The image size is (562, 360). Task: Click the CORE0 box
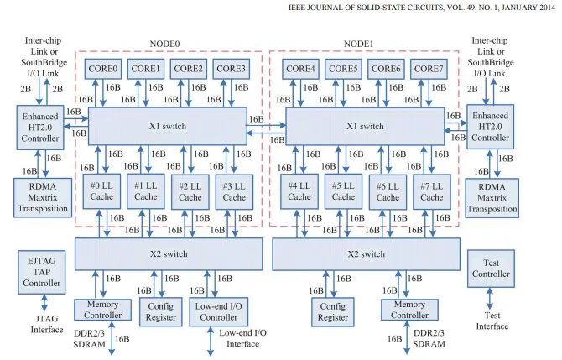(103, 68)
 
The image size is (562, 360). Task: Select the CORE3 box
(231, 68)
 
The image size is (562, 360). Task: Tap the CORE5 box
(342, 68)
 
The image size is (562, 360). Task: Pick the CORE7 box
(428, 68)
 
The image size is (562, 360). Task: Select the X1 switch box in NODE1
(365, 126)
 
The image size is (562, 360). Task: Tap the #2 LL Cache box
(190, 190)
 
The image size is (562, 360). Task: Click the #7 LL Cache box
(430, 190)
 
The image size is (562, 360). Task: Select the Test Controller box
(490, 269)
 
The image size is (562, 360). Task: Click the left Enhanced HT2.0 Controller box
(39, 126)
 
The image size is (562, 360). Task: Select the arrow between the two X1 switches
(266, 128)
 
